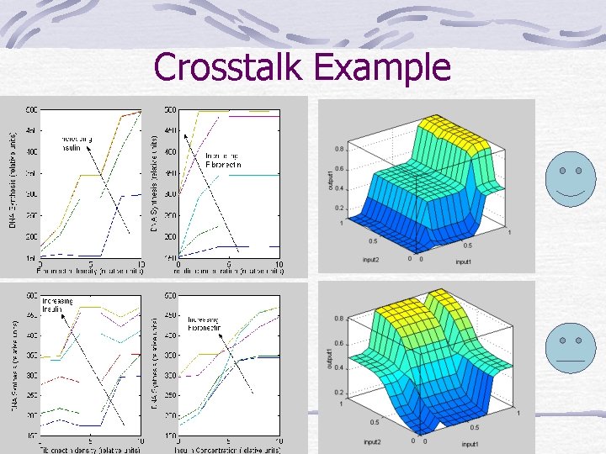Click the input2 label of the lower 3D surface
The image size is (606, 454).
pyautogui.click(x=374, y=441)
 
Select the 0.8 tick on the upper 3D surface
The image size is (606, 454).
pyautogui.click(x=339, y=149)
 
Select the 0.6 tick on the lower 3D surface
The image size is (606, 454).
pyautogui.click(x=338, y=343)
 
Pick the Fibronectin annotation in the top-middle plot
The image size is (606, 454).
pyautogui.click(x=223, y=165)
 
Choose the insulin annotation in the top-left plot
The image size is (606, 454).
pyautogui.click(x=71, y=149)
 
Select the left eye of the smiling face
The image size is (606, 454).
pyautogui.click(x=561, y=171)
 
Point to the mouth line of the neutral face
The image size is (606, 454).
pyautogui.click(x=570, y=359)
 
